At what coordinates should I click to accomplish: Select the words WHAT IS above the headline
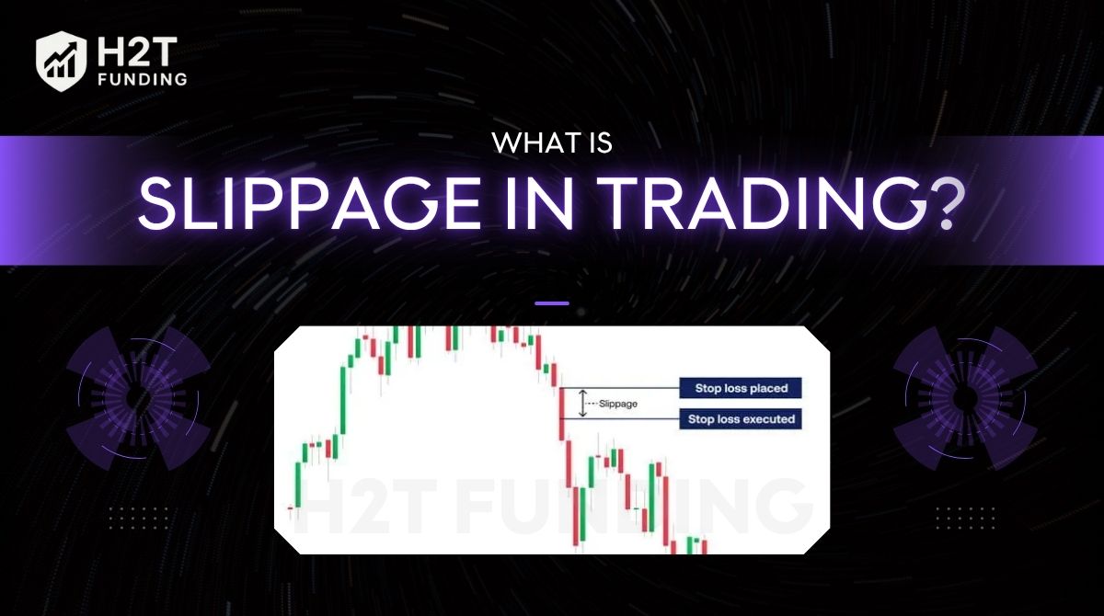(551, 143)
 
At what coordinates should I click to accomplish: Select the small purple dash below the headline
(551, 302)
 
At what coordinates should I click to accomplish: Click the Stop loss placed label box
(741, 388)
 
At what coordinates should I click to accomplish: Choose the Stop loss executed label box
(741, 419)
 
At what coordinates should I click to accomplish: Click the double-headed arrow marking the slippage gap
(581, 404)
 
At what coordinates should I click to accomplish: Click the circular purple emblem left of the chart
(139, 398)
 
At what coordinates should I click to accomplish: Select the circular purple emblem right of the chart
(965, 398)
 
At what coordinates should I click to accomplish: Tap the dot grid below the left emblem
(139, 519)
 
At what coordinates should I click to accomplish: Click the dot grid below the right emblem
(965, 519)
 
